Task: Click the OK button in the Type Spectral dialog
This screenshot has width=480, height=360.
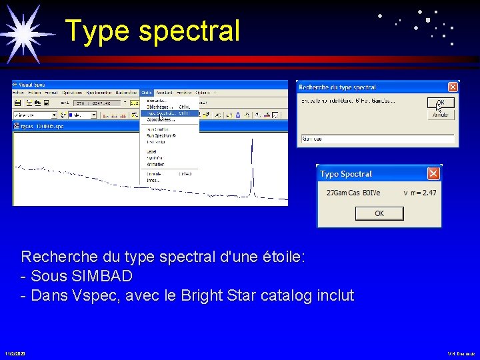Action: click(x=379, y=213)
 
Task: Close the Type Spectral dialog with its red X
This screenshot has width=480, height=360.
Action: click(x=433, y=174)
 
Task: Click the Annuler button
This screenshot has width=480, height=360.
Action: click(x=441, y=115)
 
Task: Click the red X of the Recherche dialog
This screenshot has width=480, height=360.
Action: click(x=453, y=87)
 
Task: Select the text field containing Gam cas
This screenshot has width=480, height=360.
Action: click(x=377, y=139)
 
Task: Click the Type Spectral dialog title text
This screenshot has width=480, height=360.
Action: click(x=346, y=174)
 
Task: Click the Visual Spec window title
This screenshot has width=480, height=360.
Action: click(x=31, y=85)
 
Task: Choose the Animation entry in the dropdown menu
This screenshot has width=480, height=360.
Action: click(x=155, y=164)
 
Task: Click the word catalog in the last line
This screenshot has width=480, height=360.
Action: click(x=280, y=295)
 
